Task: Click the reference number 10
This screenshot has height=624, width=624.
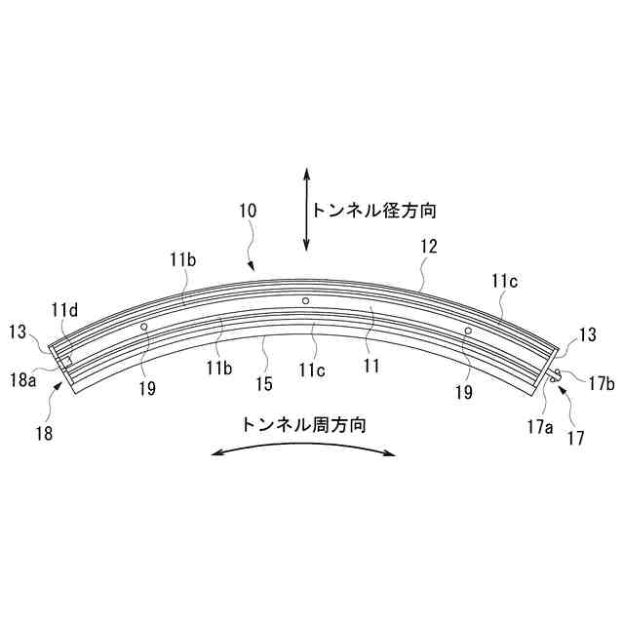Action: (247, 211)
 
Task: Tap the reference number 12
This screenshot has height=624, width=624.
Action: (430, 249)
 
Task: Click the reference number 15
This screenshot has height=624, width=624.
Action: (264, 384)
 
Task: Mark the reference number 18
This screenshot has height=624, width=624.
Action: (46, 430)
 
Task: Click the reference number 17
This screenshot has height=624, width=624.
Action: (576, 438)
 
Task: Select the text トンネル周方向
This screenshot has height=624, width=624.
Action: (305, 424)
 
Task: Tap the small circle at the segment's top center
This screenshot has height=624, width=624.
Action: (305, 301)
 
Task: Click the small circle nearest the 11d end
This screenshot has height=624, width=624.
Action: (143, 327)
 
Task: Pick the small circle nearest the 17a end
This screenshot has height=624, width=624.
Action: (468, 331)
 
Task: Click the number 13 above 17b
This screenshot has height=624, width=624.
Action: (587, 334)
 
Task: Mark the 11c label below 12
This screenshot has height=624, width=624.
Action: (505, 282)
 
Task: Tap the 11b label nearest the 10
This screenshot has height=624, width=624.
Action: (182, 259)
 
